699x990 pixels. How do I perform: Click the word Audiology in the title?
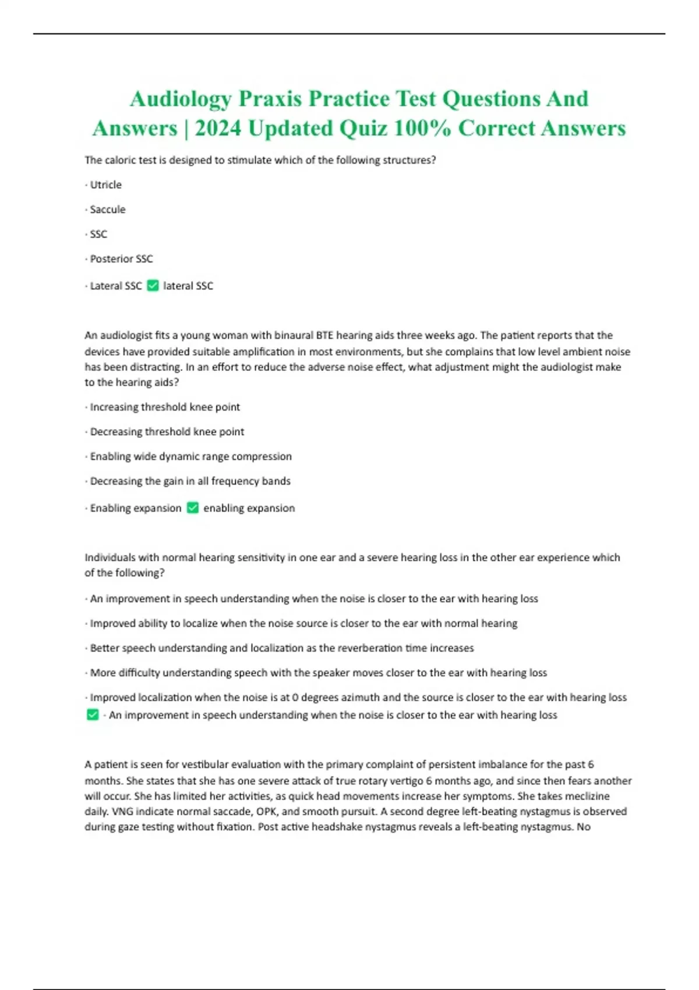click(x=181, y=99)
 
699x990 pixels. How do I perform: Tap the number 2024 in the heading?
click(x=218, y=129)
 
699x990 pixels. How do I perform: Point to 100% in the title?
click(x=422, y=129)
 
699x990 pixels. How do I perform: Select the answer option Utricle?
click(x=105, y=185)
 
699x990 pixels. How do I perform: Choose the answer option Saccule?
click(x=107, y=210)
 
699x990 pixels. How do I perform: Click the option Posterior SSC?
click(x=121, y=259)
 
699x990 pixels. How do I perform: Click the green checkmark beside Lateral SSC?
click(x=153, y=286)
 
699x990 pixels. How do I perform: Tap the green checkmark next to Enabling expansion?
click(x=193, y=508)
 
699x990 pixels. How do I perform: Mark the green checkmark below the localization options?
click(x=93, y=715)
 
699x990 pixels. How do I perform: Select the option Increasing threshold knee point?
click(x=165, y=407)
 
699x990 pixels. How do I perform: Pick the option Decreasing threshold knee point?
click(x=167, y=432)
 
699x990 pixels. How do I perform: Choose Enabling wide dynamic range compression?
click(x=190, y=457)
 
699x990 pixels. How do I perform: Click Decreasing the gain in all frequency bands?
click(x=190, y=481)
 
